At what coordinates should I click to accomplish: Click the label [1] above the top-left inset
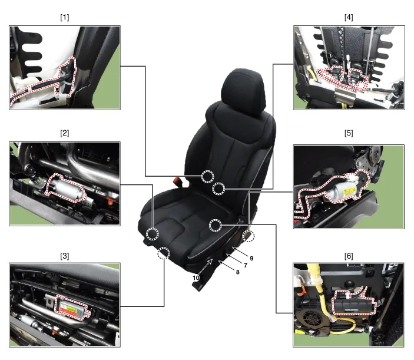coord(65,17)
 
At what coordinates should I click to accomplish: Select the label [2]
coord(65,133)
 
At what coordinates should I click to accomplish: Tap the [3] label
coord(65,256)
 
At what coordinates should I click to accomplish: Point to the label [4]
coord(349,17)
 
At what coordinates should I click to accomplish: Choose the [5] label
coord(349,133)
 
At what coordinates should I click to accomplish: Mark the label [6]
coord(349,256)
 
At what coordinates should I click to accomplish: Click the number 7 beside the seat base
coord(244,266)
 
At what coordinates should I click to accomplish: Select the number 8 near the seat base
coord(237,272)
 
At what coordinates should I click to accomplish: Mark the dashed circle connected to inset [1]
coord(207,176)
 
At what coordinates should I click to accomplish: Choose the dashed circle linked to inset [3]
coord(164,254)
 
